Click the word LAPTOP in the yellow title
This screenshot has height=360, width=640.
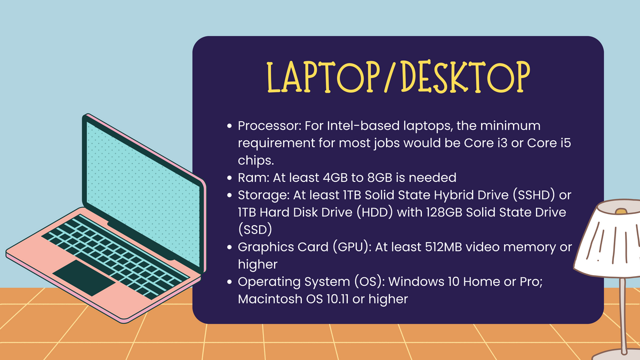(x=323, y=77)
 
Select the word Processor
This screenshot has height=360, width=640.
(x=269, y=126)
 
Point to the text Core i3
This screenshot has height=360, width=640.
(x=486, y=143)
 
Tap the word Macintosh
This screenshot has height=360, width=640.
(x=270, y=299)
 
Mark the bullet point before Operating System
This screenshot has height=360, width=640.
(x=229, y=282)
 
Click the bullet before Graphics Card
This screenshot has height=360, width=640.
(x=229, y=247)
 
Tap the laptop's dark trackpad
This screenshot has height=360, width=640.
(x=84, y=277)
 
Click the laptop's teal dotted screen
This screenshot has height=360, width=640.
(x=143, y=194)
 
